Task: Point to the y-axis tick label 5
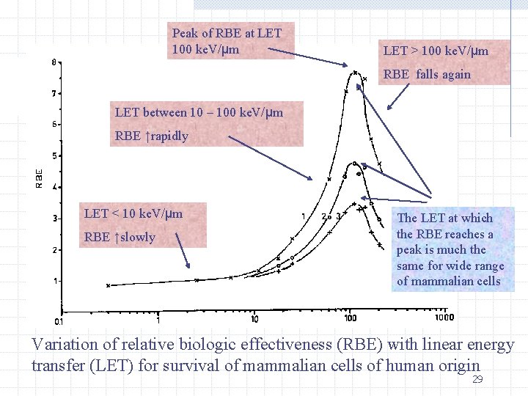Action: (54, 155)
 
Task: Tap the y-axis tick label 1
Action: (54, 281)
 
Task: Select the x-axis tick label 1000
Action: (444, 318)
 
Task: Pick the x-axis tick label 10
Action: (254, 318)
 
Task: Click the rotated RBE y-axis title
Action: (39, 179)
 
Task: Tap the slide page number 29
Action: (477, 379)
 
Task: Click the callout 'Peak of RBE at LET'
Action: (226, 33)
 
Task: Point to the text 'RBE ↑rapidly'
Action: (152, 136)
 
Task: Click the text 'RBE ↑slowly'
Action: (120, 237)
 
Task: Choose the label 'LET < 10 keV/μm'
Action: (133, 213)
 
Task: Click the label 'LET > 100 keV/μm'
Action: (436, 51)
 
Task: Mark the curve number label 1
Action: (304, 216)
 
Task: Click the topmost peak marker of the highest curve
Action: (356, 72)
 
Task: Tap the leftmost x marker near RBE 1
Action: (108, 285)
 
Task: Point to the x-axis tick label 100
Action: (350, 318)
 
